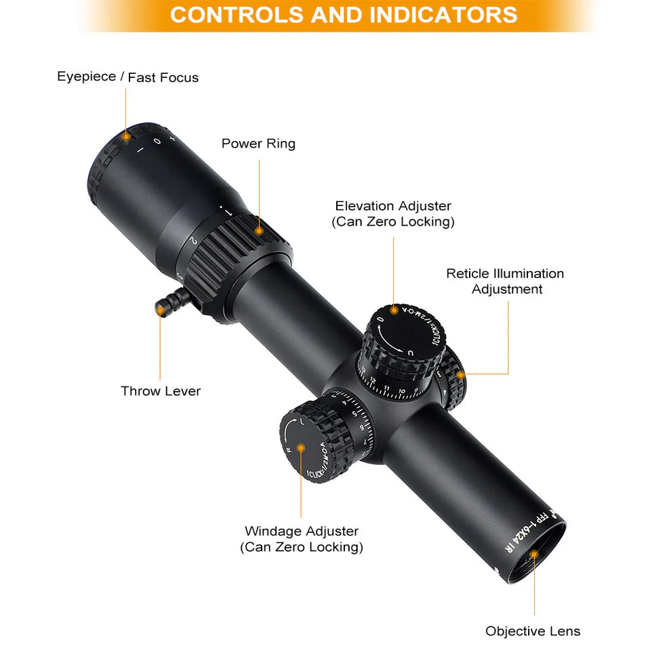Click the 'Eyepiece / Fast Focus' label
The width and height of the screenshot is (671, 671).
pyautogui.click(x=127, y=77)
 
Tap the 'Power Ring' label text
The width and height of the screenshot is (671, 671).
pyautogui.click(x=258, y=144)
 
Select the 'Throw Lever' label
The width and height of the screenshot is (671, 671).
pyautogui.click(x=161, y=391)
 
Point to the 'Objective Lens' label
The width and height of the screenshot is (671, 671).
pyautogui.click(x=533, y=631)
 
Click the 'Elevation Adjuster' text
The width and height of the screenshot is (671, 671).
pyautogui.click(x=393, y=206)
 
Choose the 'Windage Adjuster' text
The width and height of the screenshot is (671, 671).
pyautogui.click(x=302, y=531)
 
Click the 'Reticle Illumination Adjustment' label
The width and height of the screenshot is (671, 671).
pyautogui.click(x=505, y=281)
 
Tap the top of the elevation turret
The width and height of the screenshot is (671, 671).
pyautogui.click(x=399, y=332)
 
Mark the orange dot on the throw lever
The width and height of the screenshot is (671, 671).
pyautogui.click(x=161, y=309)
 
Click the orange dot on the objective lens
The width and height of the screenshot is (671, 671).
pyautogui.click(x=534, y=555)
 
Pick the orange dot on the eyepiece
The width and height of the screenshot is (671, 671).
pyautogui.click(x=126, y=136)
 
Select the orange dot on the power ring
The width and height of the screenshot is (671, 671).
pyautogui.click(x=259, y=230)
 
